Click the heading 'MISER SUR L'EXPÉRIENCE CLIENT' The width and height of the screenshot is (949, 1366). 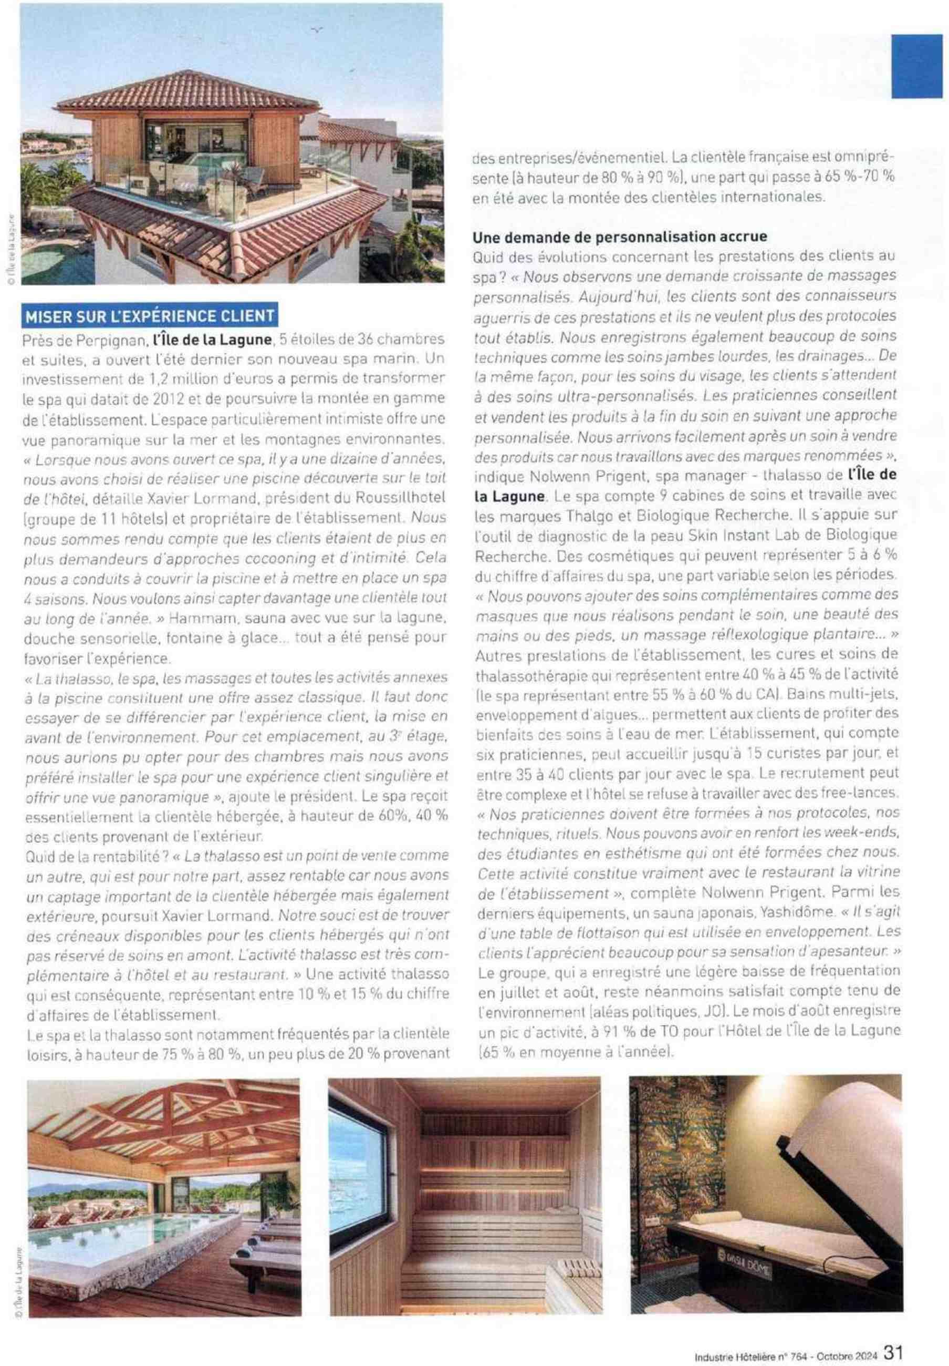point(149,315)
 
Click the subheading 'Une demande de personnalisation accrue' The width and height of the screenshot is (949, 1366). point(619,236)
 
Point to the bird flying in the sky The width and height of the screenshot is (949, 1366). point(317,29)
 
